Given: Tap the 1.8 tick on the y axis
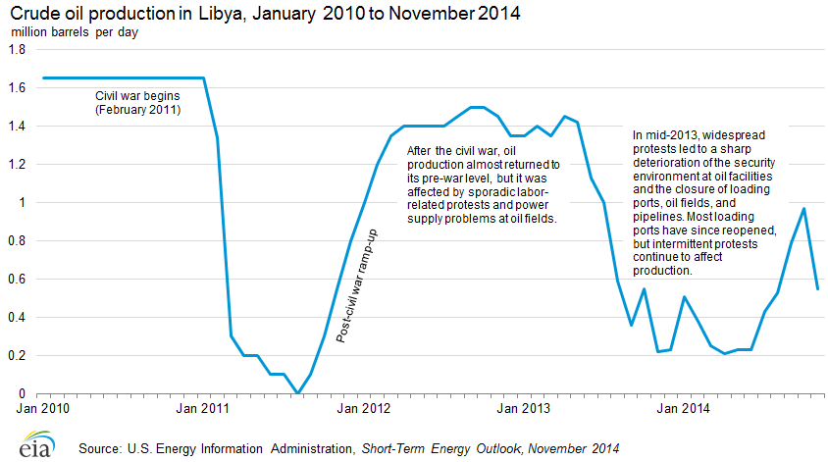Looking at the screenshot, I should tap(19, 49).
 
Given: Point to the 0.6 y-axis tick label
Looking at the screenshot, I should tap(19, 280).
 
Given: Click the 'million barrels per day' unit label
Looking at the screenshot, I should tap(75, 33).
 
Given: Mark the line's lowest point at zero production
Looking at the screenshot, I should tap(297, 393).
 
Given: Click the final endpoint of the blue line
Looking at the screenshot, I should tap(817, 288).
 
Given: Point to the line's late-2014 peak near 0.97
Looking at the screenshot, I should tap(804, 208).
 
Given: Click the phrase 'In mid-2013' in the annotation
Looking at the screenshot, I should tap(666, 135).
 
